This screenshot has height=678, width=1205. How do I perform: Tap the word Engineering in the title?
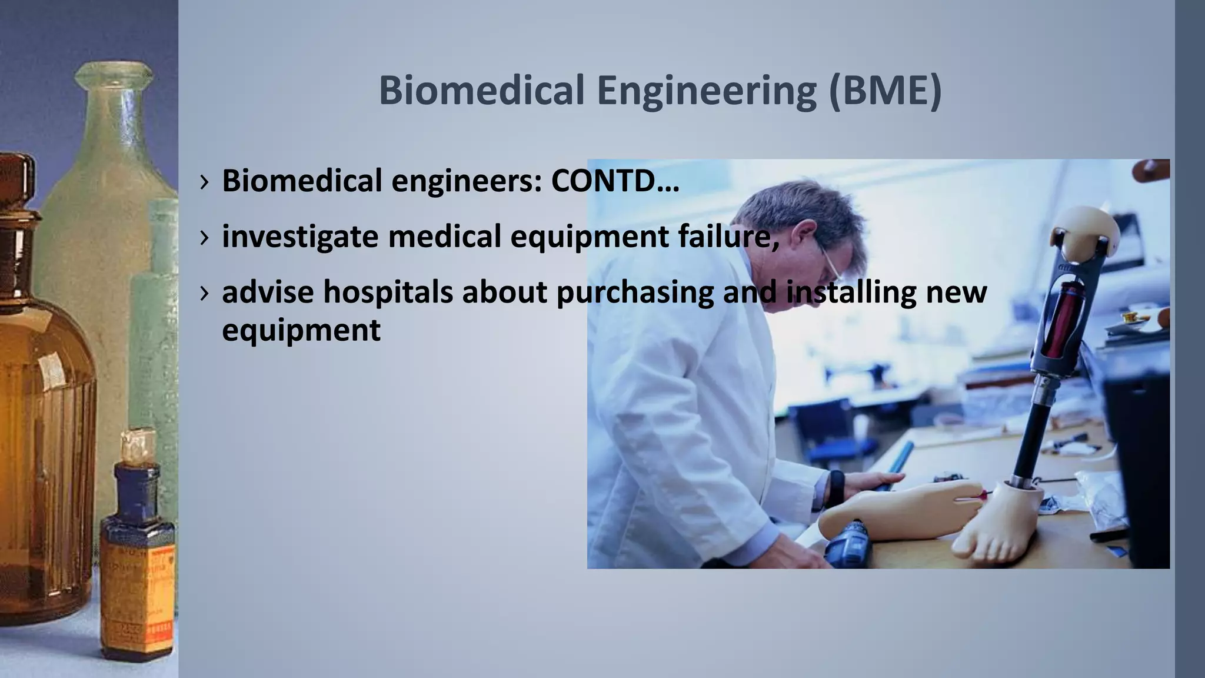pyautogui.click(x=706, y=91)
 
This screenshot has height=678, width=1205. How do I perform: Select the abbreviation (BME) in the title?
pyautogui.click(x=885, y=91)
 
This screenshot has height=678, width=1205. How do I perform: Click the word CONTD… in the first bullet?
pyautogui.click(x=615, y=181)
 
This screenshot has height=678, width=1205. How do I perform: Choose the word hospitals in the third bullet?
pyautogui.click(x=388, y=292)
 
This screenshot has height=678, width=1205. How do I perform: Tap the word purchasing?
pyautogui.click(x=635, y=293)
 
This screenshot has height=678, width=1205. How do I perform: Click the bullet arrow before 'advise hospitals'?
pyautogui.click(x=204, y=293)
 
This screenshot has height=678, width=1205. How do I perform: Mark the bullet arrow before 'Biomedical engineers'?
pyautogui.click(x=204, y=181)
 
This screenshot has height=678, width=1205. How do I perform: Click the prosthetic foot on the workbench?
pyautogui.click(x=994, y=524)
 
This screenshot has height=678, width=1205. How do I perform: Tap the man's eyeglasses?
pyautogui.click(x=830, y=265)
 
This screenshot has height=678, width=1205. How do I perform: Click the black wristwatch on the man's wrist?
pyautogui.click(x=835, y=488)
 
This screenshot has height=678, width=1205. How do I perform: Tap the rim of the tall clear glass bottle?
pyautogui.click(x=112, y=74)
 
